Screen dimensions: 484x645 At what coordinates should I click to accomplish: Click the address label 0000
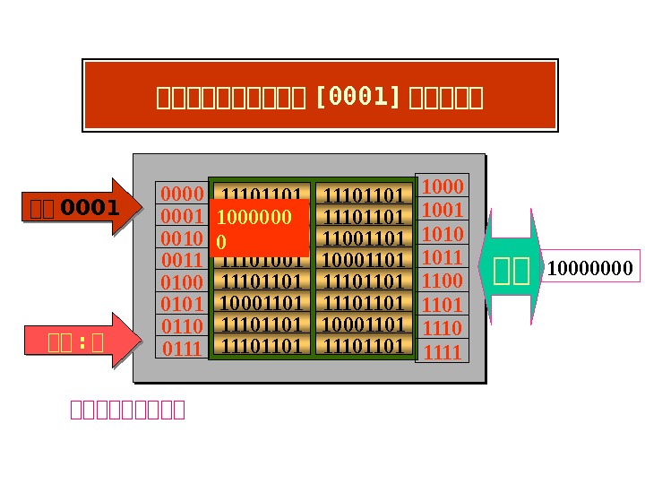click(183, 194)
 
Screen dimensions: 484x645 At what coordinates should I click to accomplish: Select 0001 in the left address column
click(183, 217)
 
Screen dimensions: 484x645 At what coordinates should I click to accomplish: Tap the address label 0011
click(183, 261)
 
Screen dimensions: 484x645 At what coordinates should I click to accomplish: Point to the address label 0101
click(183, 305)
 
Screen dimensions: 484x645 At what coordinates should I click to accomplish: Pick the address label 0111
click(183, 349)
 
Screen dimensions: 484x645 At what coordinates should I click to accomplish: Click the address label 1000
click(443, 186)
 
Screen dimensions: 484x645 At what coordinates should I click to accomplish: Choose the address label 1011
click(443, 257)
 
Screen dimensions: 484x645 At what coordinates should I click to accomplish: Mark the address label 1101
click(443, 305)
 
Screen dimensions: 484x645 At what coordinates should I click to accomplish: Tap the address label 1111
click(443, 352)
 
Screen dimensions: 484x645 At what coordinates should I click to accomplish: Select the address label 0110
click(183, 326)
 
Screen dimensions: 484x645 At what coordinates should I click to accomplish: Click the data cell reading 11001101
click(364, 238)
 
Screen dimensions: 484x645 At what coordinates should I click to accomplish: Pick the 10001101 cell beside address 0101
click(262, 303)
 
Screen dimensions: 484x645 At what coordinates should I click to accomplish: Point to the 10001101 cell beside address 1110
click(364, 324)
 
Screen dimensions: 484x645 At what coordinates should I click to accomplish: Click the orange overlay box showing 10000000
click(261, 229)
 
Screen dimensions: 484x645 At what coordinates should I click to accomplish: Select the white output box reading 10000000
click(589, 268)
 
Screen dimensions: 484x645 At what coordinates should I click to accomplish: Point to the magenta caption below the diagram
click(127, 411)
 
